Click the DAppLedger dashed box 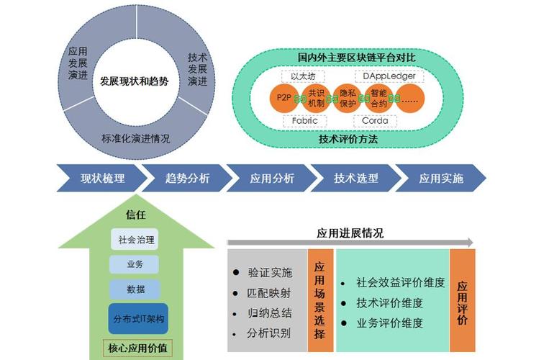click(389, 76)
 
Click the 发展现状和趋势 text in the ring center click(135, 81)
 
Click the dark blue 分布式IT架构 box click(135, 318)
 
